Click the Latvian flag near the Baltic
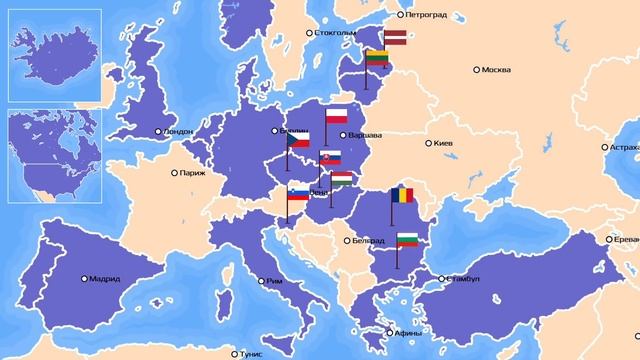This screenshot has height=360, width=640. click(x=394, y=37)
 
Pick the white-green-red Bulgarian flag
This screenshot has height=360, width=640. click(x=407, y=239)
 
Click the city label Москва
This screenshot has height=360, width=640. click(x=496, y=70)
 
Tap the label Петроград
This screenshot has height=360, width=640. click(x=424, y=15)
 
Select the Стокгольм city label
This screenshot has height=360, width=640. click(x=335, y=33)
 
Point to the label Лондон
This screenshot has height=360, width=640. click(x=176, y=131)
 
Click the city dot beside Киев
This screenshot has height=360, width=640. click(x=429, y=143)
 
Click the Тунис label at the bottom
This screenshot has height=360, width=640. click(x=248, y=352)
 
